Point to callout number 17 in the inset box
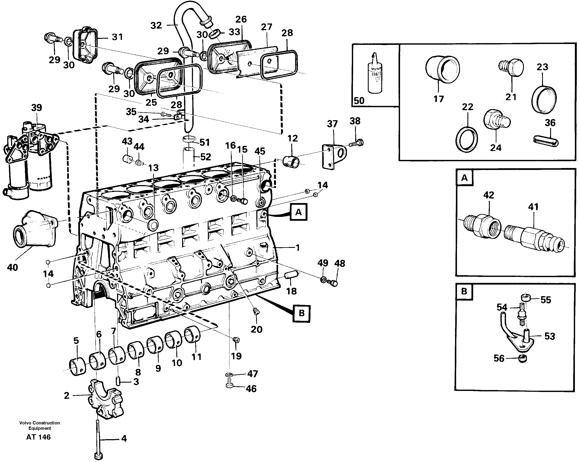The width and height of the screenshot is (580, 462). coord(438,99)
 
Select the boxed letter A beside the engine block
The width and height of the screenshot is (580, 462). coord(298,212)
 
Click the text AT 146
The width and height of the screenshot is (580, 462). coord(38,437)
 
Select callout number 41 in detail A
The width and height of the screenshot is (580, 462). coord(533,207)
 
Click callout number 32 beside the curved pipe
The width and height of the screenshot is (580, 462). coord(156,25)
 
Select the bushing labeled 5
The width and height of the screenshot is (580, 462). coord(77,367)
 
